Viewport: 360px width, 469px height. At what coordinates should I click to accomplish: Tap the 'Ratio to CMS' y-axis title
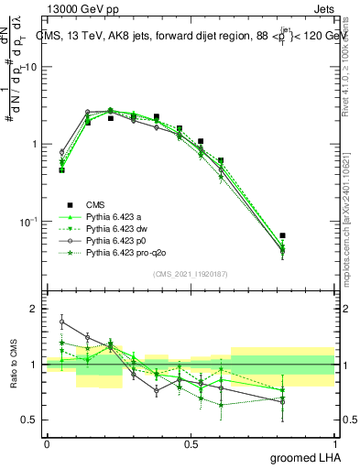14,365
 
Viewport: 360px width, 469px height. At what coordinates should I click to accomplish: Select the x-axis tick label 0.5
191,443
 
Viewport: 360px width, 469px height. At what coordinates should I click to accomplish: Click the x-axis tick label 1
334,443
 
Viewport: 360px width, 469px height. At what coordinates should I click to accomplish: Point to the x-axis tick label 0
47,443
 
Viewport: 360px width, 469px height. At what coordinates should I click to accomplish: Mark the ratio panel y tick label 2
32,310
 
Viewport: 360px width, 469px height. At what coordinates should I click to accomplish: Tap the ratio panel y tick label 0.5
28,420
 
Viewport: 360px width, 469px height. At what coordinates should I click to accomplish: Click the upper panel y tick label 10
29,67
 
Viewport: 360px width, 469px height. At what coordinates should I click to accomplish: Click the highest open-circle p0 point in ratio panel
61,322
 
